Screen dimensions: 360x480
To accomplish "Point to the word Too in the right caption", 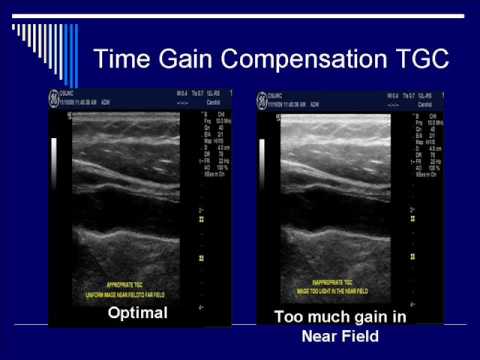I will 289,318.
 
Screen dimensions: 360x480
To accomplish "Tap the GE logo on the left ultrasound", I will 53,98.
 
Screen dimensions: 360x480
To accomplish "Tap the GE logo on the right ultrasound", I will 263,98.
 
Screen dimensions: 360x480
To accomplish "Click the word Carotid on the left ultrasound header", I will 213,102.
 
